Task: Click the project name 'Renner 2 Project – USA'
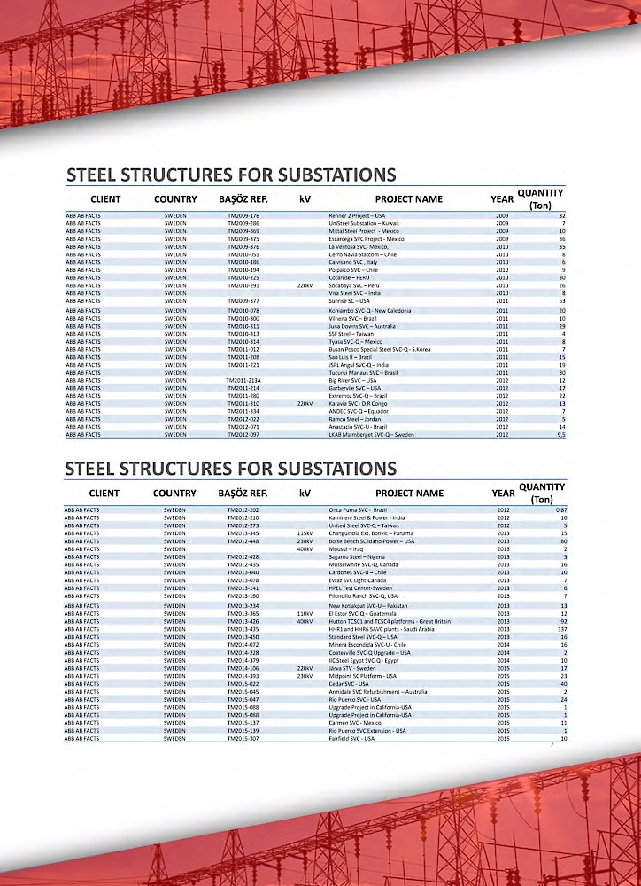click(357, 215)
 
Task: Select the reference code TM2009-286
click(243, 223)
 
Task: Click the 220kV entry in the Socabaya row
click(305, 286)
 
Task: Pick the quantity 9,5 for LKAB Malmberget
click(560, 435)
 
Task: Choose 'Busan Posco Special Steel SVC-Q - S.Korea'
click(380, 349)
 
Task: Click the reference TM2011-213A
click(245, 380)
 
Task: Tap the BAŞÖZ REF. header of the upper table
click(243, 199)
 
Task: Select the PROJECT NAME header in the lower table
click(409, 494)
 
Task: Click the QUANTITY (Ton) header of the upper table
click(540, 199)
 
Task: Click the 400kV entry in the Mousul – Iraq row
click(305, 549)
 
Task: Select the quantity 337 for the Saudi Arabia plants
click(560, 628)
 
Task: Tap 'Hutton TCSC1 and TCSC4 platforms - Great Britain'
click(390, 621)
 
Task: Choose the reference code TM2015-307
click(243, 738)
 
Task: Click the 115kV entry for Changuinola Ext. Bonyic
click(305, 533)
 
